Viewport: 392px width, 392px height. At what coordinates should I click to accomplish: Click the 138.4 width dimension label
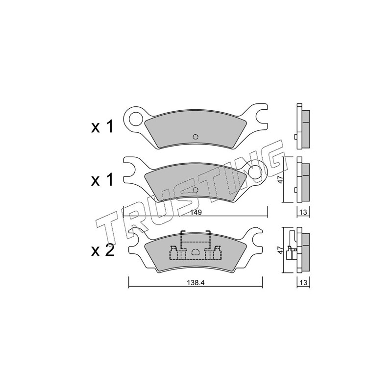(x=196, y=283)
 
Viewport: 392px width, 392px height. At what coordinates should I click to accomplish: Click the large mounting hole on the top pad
(x=136, y=118)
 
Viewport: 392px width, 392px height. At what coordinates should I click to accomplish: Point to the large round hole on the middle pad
(x=255, y=172)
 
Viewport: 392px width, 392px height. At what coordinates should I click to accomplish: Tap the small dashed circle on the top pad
(x=196, y=137)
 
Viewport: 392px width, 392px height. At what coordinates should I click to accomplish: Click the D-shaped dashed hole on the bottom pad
(x=195, y=252)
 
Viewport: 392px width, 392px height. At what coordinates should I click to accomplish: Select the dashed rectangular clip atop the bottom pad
(x=196, y=237)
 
